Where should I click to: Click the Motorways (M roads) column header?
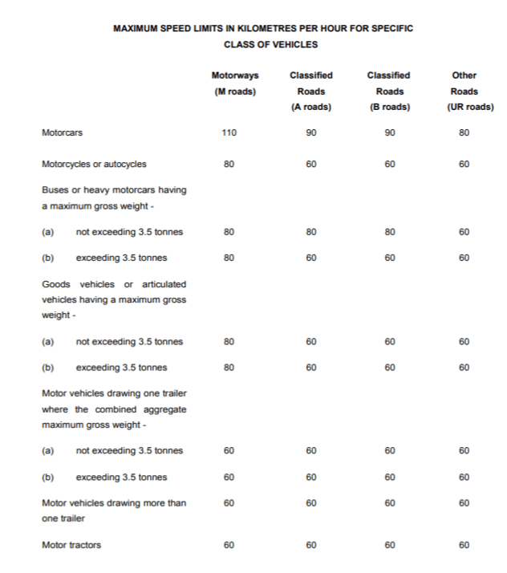(235, 83)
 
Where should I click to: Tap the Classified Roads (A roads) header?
(310, 91)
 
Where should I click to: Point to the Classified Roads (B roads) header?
(388, 91)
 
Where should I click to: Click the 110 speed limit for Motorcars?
(229, 133)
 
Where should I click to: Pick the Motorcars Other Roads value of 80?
(464, 133)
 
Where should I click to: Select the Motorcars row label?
(62, 133)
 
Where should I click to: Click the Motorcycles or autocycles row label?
(94, 164)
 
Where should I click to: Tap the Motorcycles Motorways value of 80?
(229, 164)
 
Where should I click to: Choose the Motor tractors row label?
(71, 545)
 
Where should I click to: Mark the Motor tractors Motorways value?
(229, 545)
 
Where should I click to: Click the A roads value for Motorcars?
(310, 133)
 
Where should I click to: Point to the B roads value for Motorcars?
(388, 133)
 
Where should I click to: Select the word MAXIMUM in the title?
(140, 28)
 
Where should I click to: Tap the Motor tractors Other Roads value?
(464, 545)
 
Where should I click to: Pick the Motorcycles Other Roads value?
(464, 164)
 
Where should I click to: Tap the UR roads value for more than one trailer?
(464, 503)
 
